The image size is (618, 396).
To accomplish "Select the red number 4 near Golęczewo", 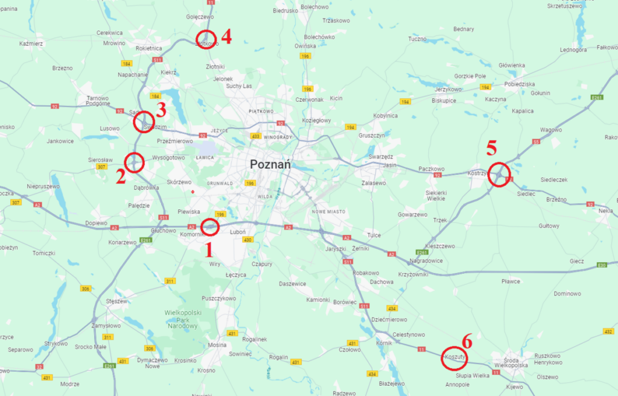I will (226, 37).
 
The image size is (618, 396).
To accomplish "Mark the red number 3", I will (161, 110).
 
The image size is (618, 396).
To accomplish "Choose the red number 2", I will (121, 176).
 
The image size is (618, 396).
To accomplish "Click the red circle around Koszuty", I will (454, 357).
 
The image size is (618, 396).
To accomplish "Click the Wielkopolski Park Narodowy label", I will (181, 319).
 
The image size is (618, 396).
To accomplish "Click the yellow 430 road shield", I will (247, 240).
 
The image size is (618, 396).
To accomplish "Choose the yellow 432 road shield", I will (608, 331).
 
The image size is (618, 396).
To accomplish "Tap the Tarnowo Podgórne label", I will (97, 101).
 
